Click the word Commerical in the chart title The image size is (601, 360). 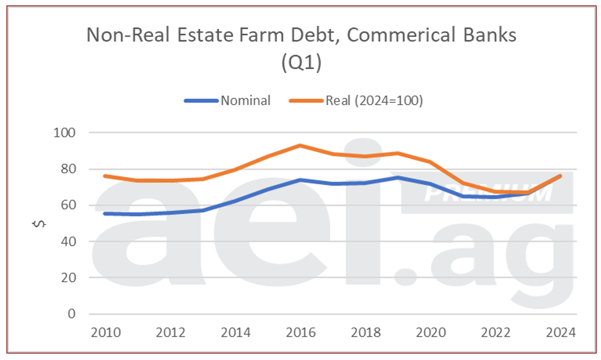click(x=381, y=35)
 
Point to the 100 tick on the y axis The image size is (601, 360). click(x=65, y=133)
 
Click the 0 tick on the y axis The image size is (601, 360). click(x=72, y=314)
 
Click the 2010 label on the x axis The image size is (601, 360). click(x=106, y=333)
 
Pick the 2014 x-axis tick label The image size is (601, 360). click(x=236, y=333)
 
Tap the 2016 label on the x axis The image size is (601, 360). click(x=300, y=333)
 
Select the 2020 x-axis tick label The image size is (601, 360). click(x=430, y=333)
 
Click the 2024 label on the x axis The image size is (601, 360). click(x=560, y=333)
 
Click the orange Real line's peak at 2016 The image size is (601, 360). click(x=300, y=145)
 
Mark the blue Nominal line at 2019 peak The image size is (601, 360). click(x=398, y=177)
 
